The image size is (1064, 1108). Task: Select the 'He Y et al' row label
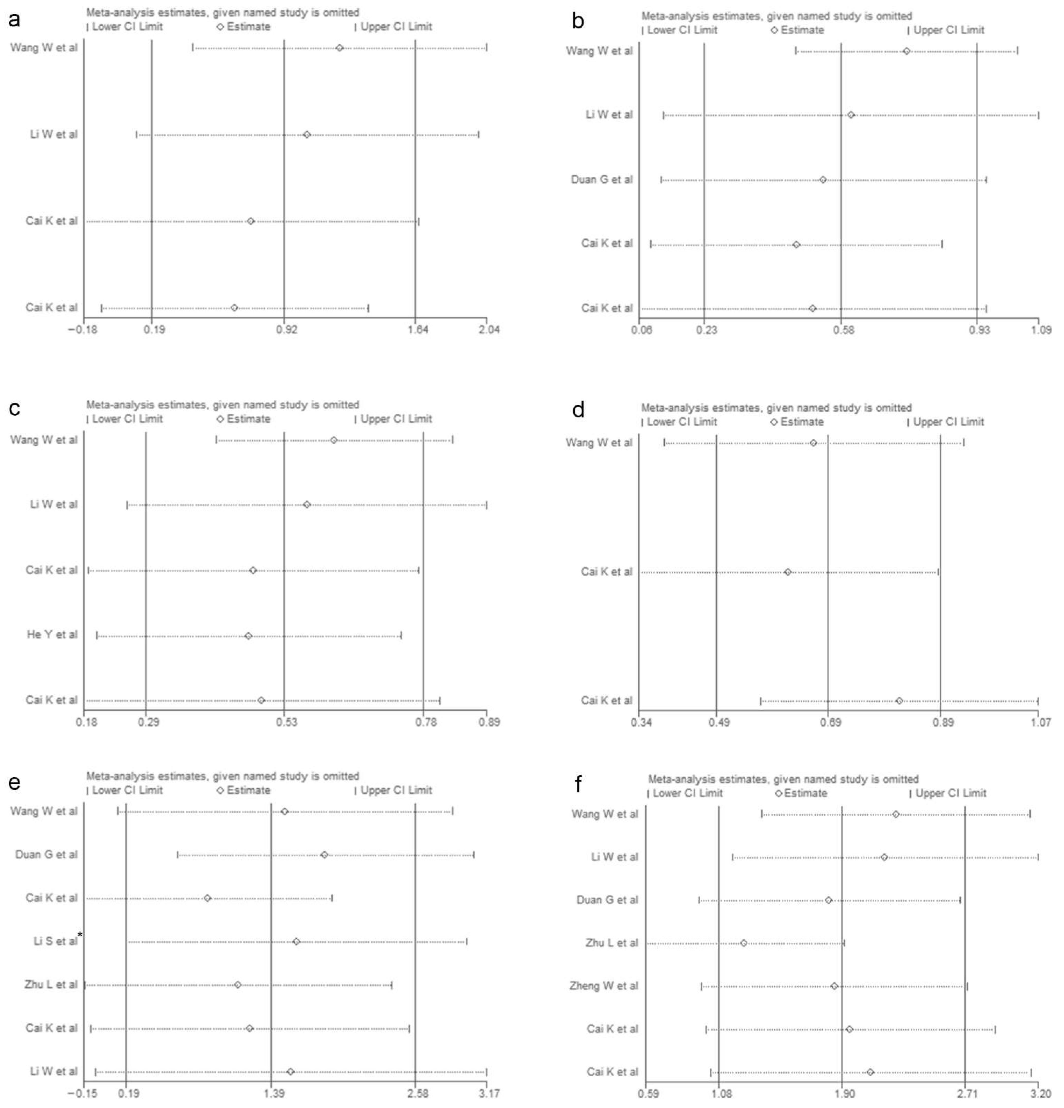point(52,634)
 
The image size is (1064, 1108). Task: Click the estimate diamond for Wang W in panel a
point(339,48)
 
